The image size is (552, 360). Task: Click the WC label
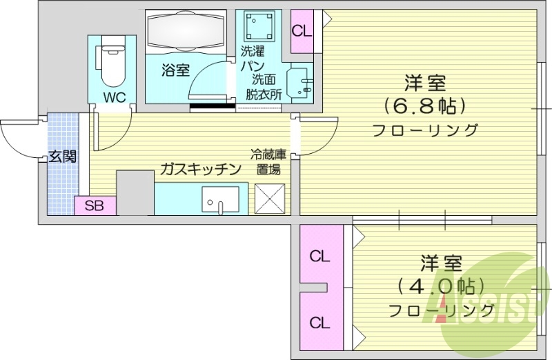[x=115, y=97]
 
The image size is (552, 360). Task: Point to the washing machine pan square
[x=259, y=27]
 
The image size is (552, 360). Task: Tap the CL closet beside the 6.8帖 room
[x=302, y=31]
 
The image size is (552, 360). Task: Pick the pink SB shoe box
[x=95, y=206]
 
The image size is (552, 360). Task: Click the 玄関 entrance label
[x=63, y=157]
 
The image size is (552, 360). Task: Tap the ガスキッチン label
[x=200, y=169]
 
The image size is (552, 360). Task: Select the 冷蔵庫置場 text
[x=268, y=161]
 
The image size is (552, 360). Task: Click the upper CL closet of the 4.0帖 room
[x=319, y=257]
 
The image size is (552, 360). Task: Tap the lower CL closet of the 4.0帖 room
[x=319, y=322]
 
